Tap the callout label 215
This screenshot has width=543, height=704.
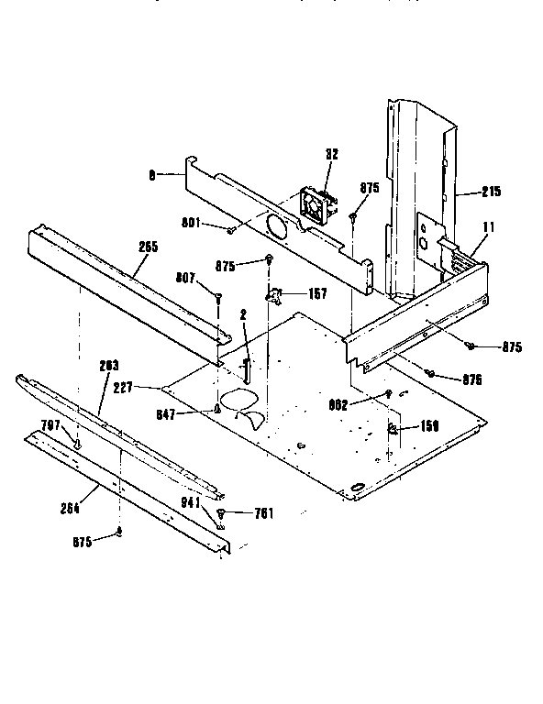[x=490, y=192]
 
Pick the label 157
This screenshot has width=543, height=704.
[x=318, y=294]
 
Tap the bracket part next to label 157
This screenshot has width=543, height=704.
[x=274, y=294]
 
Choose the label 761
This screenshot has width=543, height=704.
[x=265, y=513]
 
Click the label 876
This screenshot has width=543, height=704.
[x=472, y=379]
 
